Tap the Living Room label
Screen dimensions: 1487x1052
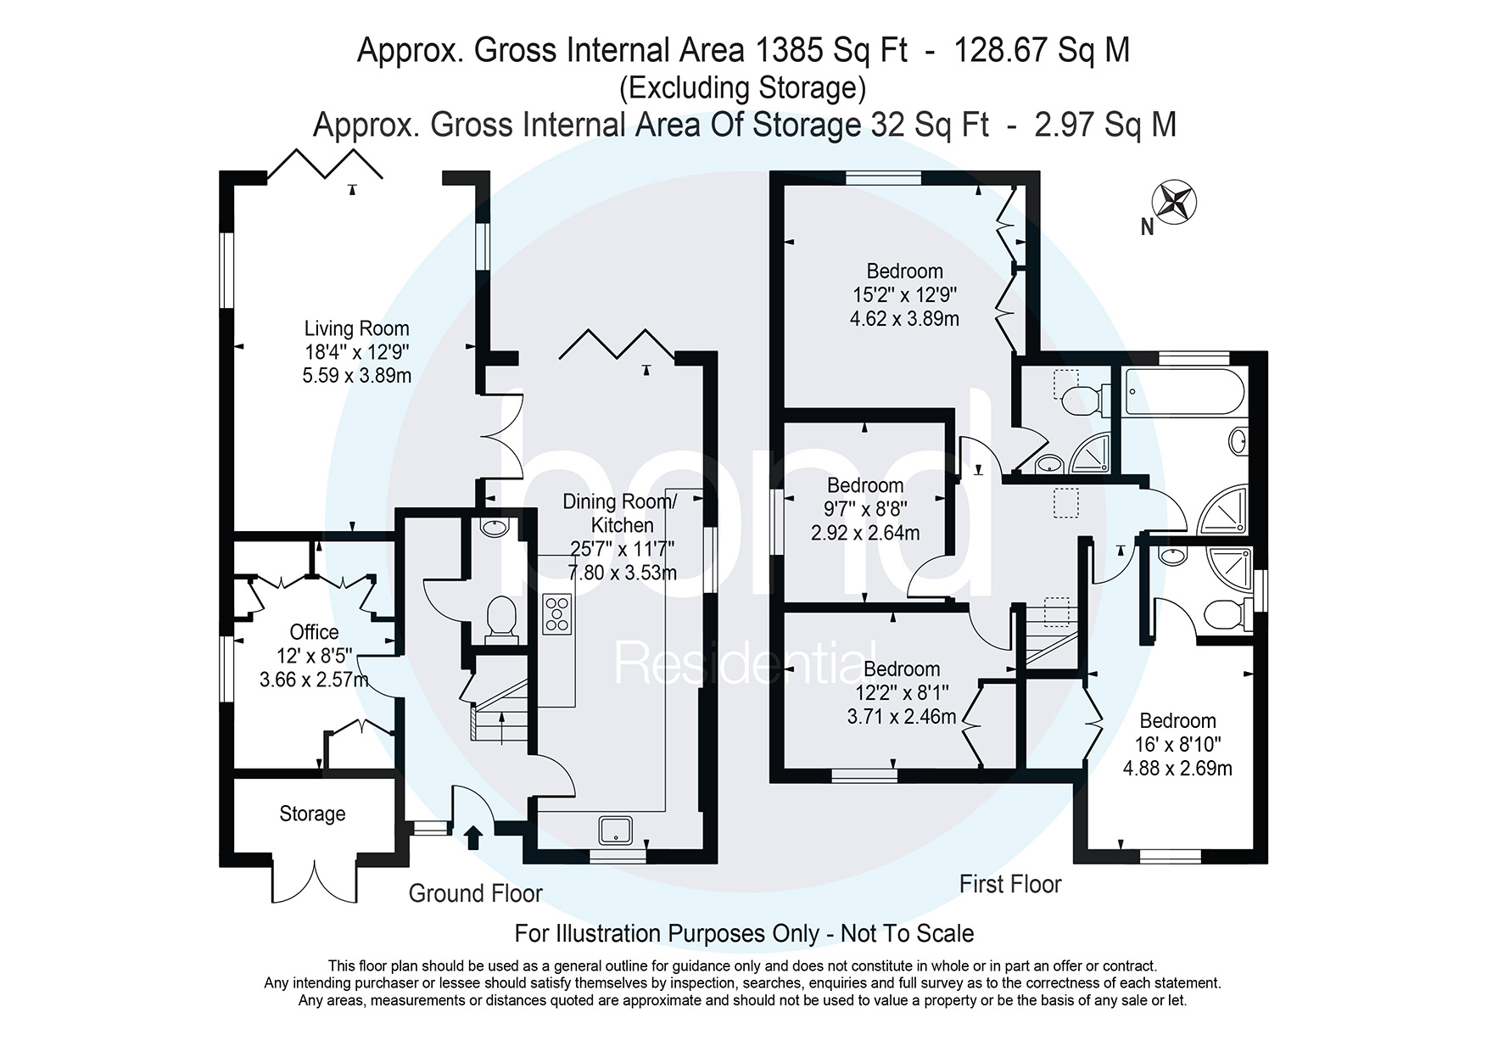coord(356,328)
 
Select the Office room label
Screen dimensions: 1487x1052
coord(314,632)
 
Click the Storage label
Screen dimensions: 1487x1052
coord(312,814)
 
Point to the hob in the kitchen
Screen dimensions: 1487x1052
coord(557,613)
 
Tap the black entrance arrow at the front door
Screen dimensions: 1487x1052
coord(473,837)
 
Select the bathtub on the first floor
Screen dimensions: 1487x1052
coord(1184,391)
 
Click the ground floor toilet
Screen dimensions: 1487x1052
coord(501,616)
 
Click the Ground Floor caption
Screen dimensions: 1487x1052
coord(475,893)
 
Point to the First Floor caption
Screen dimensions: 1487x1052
coord(1010,884)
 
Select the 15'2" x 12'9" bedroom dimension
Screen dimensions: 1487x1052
coord(904,295)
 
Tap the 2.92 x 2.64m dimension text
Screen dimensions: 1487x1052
coord(865,533)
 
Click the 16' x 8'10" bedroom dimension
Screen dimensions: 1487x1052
coord(1177,745)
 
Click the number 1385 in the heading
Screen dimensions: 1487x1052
coord(788,50)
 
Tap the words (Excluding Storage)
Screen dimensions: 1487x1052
coord(743,87)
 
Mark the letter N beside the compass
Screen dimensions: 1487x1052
coord(1147,227)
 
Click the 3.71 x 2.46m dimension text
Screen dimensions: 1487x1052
coord(901,717)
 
